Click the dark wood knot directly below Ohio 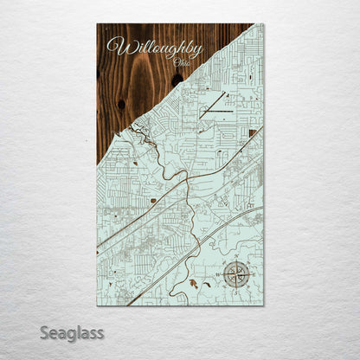[x=177, y=80]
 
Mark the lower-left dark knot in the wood [x=120, y=104]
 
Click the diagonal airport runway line [x=212, y=104]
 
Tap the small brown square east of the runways [x=250, y=132]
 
